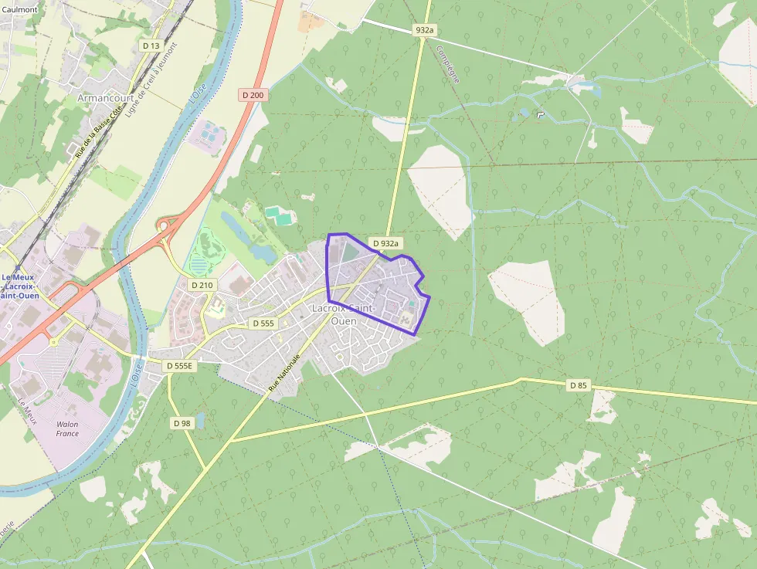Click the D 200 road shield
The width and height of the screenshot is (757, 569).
point(253,95)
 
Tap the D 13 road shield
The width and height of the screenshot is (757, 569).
point(151,46)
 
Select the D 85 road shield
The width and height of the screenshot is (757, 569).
point(578,384)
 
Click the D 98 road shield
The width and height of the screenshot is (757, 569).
point(182,423)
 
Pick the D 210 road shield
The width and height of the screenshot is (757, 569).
point(202,285)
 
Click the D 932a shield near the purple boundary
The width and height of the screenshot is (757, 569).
point(385,243)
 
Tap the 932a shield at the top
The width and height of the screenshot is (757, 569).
point(425,30)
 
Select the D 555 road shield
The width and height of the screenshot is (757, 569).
point(263,323)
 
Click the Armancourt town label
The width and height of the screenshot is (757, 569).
point(100,98)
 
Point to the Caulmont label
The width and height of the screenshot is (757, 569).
point(19,9)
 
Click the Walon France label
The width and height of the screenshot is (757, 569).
point(67,428)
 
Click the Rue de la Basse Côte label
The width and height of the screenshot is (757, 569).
point(99,131)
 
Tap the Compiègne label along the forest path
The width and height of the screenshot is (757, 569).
point(447,64)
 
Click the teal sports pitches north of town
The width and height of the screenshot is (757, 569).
point(279,215)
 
